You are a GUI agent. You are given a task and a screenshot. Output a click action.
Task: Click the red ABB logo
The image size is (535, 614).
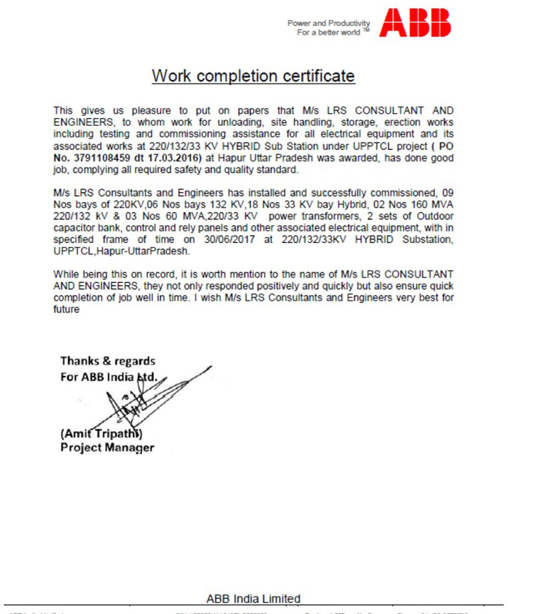coord(415,23)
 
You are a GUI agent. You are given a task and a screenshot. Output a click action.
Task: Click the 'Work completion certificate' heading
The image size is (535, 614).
coord(253,76)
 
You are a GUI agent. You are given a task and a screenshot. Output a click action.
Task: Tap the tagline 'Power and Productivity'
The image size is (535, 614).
coord(328,23)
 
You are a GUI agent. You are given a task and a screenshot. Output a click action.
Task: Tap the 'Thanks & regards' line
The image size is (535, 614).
coord(108,362)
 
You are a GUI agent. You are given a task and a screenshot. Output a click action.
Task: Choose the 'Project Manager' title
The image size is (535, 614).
coord(107,447)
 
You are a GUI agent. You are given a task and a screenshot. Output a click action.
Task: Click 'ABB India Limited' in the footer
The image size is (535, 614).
coord(253,599)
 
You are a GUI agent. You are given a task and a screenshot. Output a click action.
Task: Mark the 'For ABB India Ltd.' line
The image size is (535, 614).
coord(109,377)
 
